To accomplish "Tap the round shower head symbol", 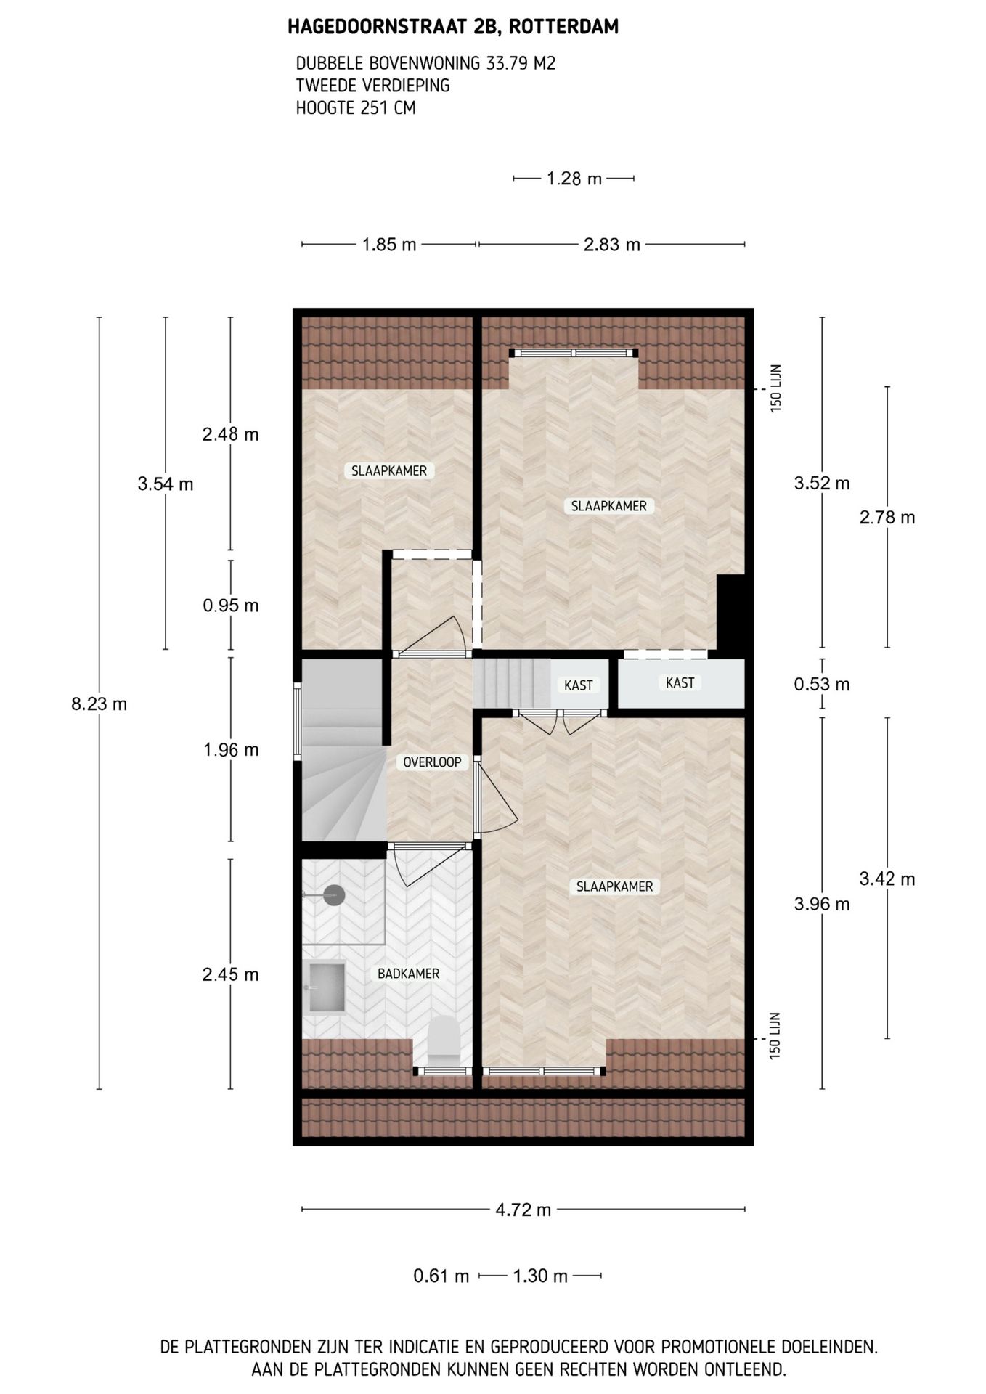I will click(334, 895).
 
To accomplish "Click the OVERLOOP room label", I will click(432, 762).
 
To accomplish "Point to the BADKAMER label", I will click(408, 974).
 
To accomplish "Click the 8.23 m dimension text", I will click(99, 704).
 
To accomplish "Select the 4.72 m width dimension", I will click(523, 1210).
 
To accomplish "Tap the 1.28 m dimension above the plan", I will click(574, 179).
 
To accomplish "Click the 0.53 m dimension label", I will click(821, 684).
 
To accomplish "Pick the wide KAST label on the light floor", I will click(680, 682).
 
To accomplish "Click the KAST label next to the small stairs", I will click(578, 685).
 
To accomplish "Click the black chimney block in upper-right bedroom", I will click(730, 612).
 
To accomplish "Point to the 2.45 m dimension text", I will click(230, 974).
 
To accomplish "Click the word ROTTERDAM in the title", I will click(563, 27).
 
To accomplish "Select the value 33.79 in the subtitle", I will click(508, 63).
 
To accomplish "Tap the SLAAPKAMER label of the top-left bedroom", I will click(388, 470).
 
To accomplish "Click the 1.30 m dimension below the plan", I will click(540, 1276).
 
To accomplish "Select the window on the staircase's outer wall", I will click(297, 720).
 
